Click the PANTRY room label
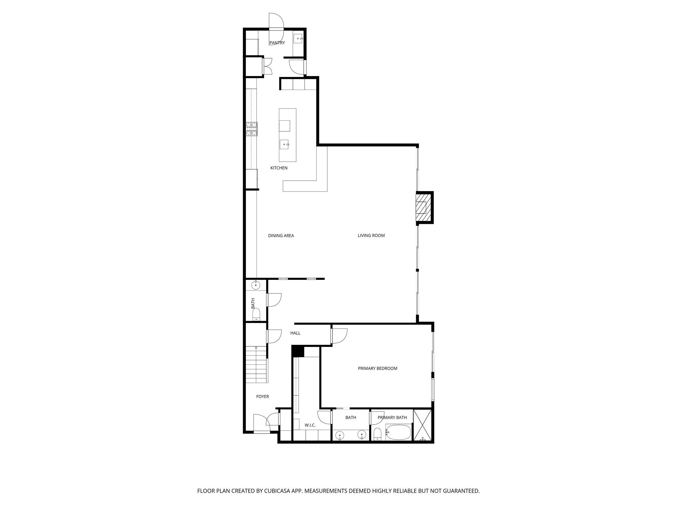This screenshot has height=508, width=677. (277, 43)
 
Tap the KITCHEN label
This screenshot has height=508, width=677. (279, 168)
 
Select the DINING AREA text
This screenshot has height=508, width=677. (281, 236)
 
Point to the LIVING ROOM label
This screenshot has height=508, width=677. (371, 236)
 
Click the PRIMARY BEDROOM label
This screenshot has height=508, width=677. (378, 368)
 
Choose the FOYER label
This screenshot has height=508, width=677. (263, 397)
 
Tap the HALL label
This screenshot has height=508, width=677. (296, 333)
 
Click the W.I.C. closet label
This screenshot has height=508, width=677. (310, 425)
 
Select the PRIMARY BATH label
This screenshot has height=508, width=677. (392, 418)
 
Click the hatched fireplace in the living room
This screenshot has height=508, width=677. (423, 208)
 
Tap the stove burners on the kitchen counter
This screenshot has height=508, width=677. (252, 129)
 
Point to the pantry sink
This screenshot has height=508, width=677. (299, 39)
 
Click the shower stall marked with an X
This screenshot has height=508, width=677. (423, 425)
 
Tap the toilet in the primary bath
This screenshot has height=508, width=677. (378, 434)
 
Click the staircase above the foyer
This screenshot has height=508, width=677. (256, 364)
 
